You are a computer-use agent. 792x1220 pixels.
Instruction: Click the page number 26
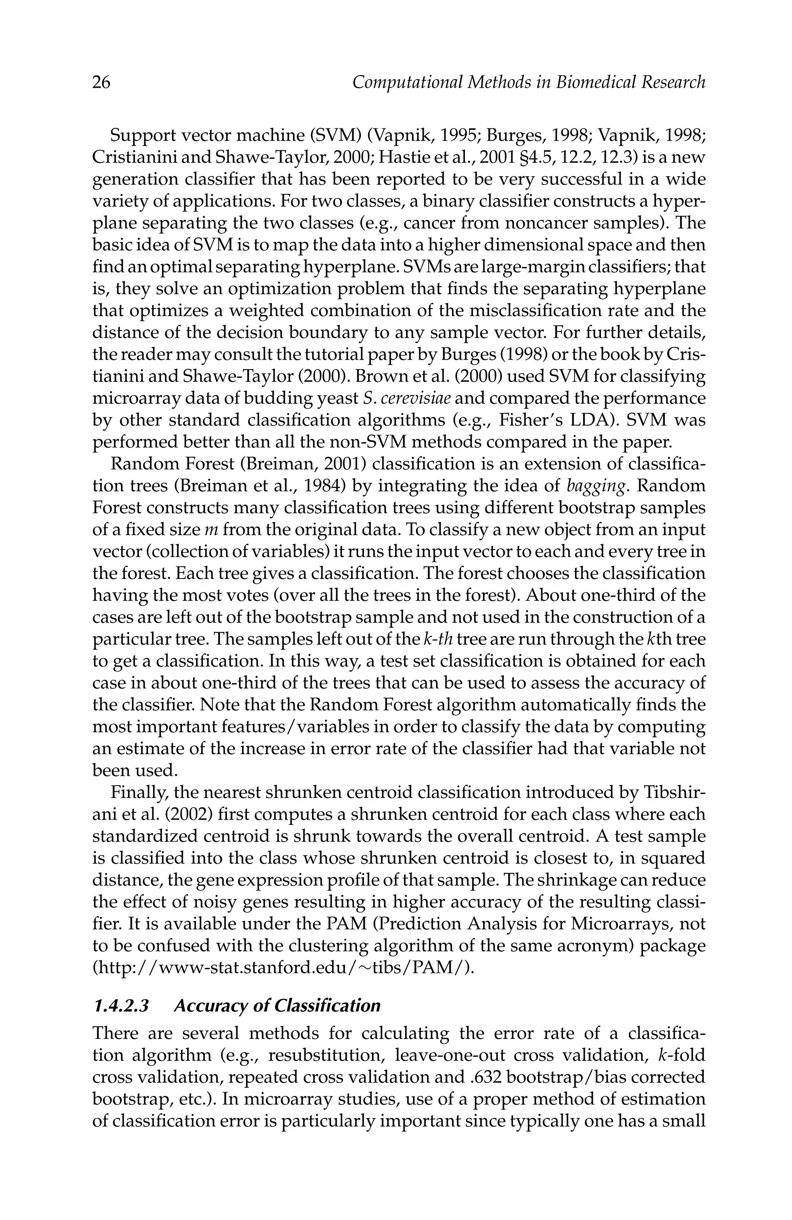point(101,82)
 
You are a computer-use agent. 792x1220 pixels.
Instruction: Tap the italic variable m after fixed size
point(212,529)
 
